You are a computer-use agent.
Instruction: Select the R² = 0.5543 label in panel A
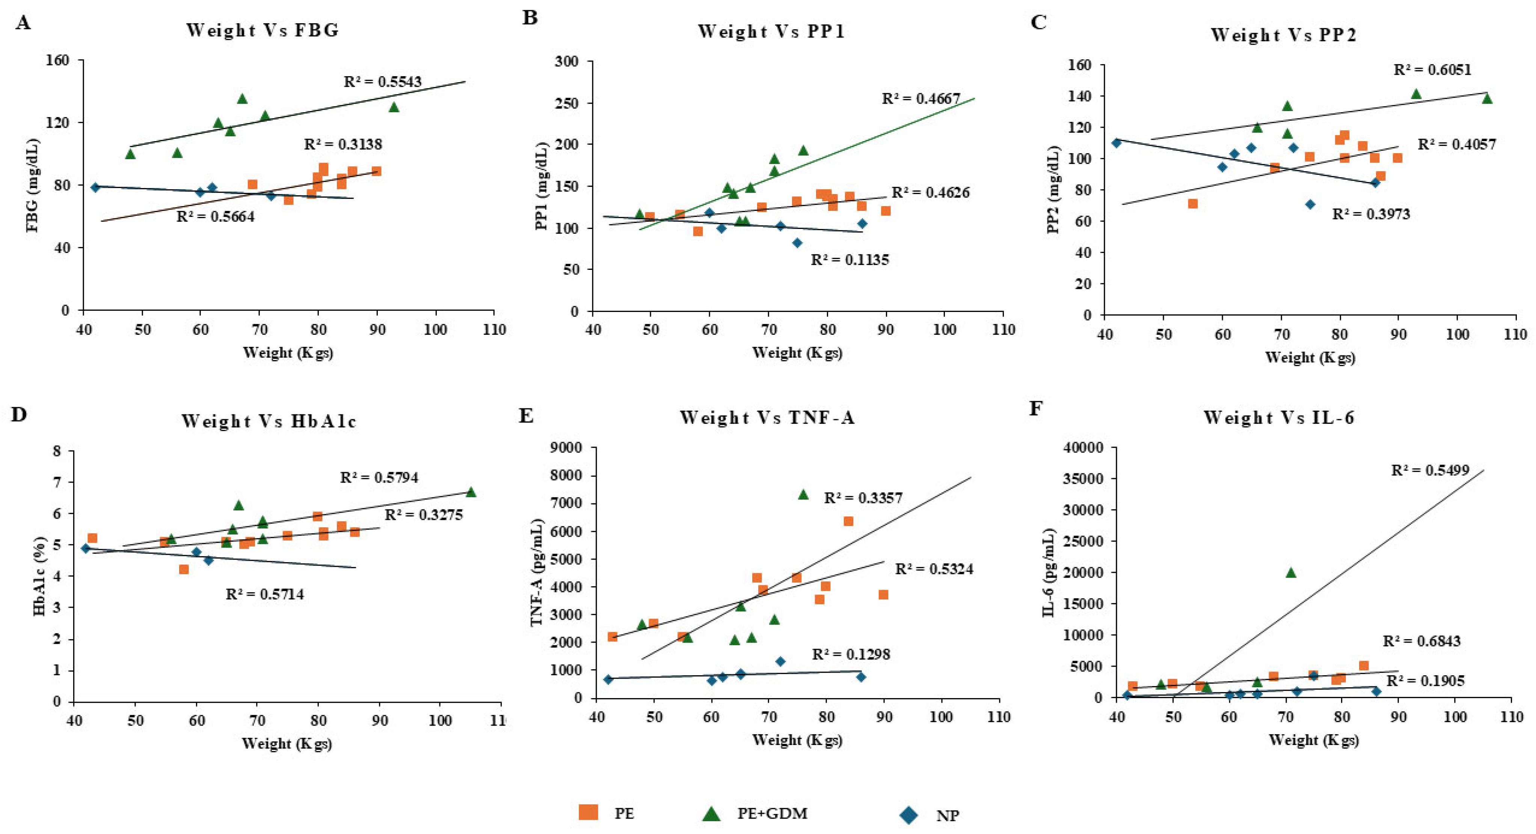[x=382, y=82]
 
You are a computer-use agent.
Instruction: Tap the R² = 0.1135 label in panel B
[x=850, y=260]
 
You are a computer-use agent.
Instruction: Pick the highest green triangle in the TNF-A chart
[x=803, y=494]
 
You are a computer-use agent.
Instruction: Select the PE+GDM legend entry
[x=772, y=813]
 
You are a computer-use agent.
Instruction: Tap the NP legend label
[x=948, y=816]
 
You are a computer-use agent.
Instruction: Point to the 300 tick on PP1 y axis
[x=566, y=62]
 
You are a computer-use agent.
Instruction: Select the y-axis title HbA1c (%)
[x=40, y=577]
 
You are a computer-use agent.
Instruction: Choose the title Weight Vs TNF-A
[x=767, y=417]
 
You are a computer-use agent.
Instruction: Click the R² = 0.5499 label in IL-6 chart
[x=1430, y=470]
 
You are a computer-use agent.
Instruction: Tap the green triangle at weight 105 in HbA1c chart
[x=471, y=492]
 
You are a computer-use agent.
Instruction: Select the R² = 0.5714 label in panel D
[x=265, y=595]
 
